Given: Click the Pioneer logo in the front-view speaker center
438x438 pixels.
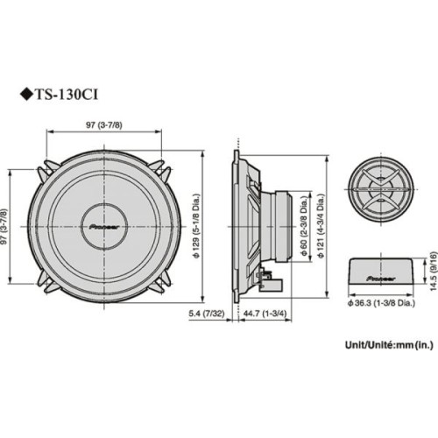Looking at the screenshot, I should [x=105, y=224].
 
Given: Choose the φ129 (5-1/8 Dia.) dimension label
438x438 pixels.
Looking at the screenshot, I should [x=198, y=226].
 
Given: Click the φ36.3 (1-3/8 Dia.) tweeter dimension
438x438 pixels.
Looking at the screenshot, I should [x=380, y=301].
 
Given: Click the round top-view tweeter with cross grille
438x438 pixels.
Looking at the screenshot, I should [x=381, y=187].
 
